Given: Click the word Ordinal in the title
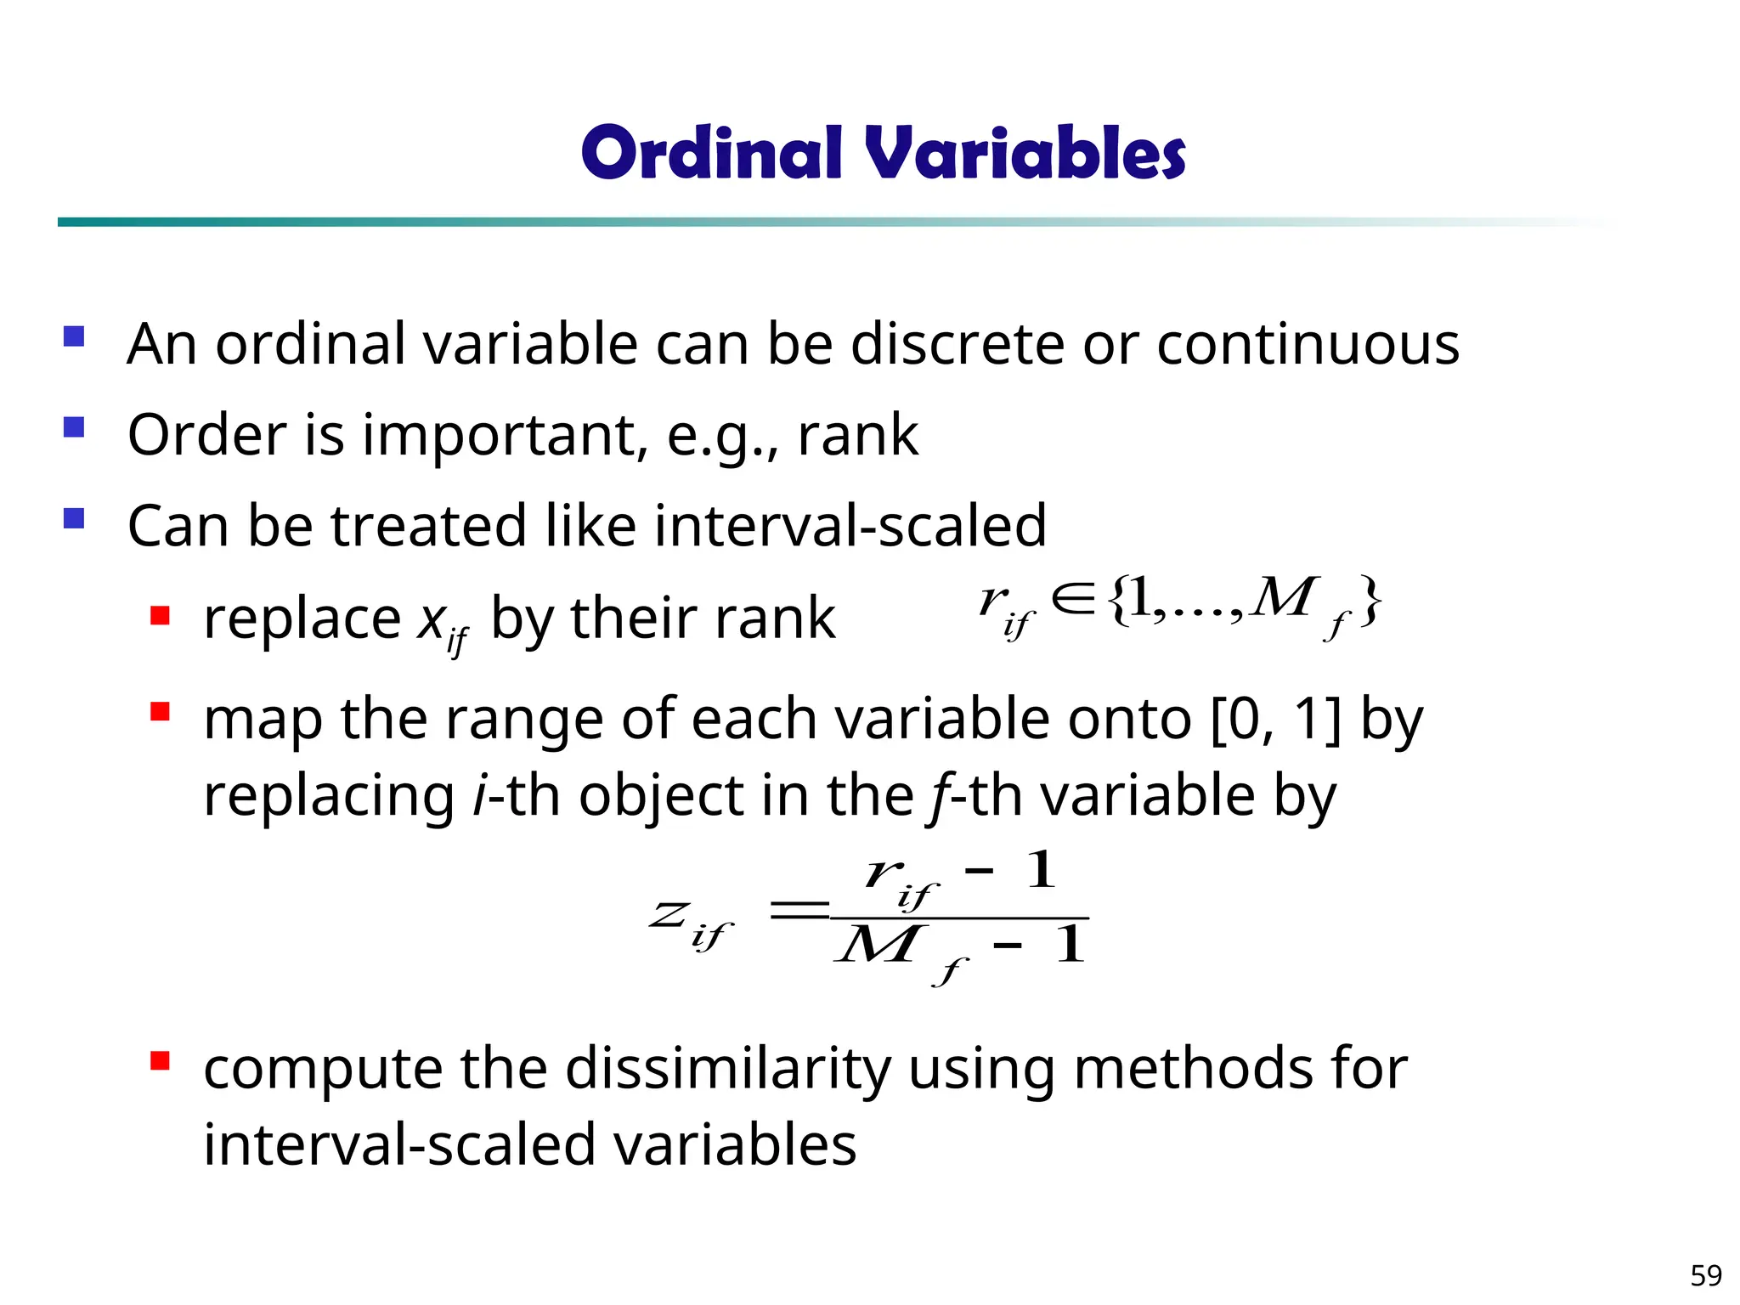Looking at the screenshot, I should tap(712, 153).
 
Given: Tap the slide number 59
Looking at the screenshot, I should tap(1705, 1275).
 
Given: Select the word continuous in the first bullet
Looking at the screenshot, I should tap(1308, 344).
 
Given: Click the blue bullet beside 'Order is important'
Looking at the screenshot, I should tap(74, 426).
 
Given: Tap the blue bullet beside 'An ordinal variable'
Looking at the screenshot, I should tap(74, 336).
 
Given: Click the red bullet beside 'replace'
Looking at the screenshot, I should tap(160, 614).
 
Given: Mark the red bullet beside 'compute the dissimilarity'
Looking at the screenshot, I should tap(160, 1060).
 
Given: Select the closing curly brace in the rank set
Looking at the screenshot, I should tap(1369, 602).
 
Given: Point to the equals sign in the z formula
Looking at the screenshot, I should tap(798, 912).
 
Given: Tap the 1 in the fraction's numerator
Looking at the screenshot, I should tap(1041, 870).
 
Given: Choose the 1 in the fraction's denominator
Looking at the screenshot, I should tap(1070, 945).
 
